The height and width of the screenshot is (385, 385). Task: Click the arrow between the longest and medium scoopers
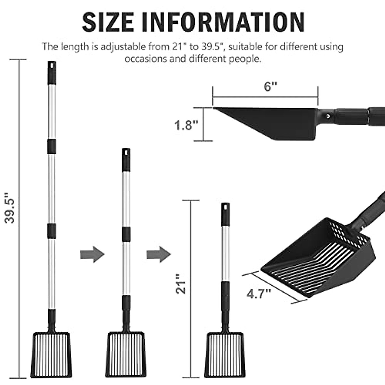(x=92, y=254)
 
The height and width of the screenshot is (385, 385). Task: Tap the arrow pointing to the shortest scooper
(x=158, y=254)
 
